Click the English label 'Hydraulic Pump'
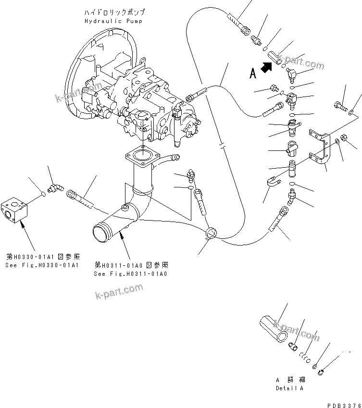(113, 21)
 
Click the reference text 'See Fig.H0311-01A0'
(131, 273)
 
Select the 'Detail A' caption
(289, 388)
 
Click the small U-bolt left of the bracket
(272, 183)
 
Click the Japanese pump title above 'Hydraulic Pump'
(113, 12)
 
